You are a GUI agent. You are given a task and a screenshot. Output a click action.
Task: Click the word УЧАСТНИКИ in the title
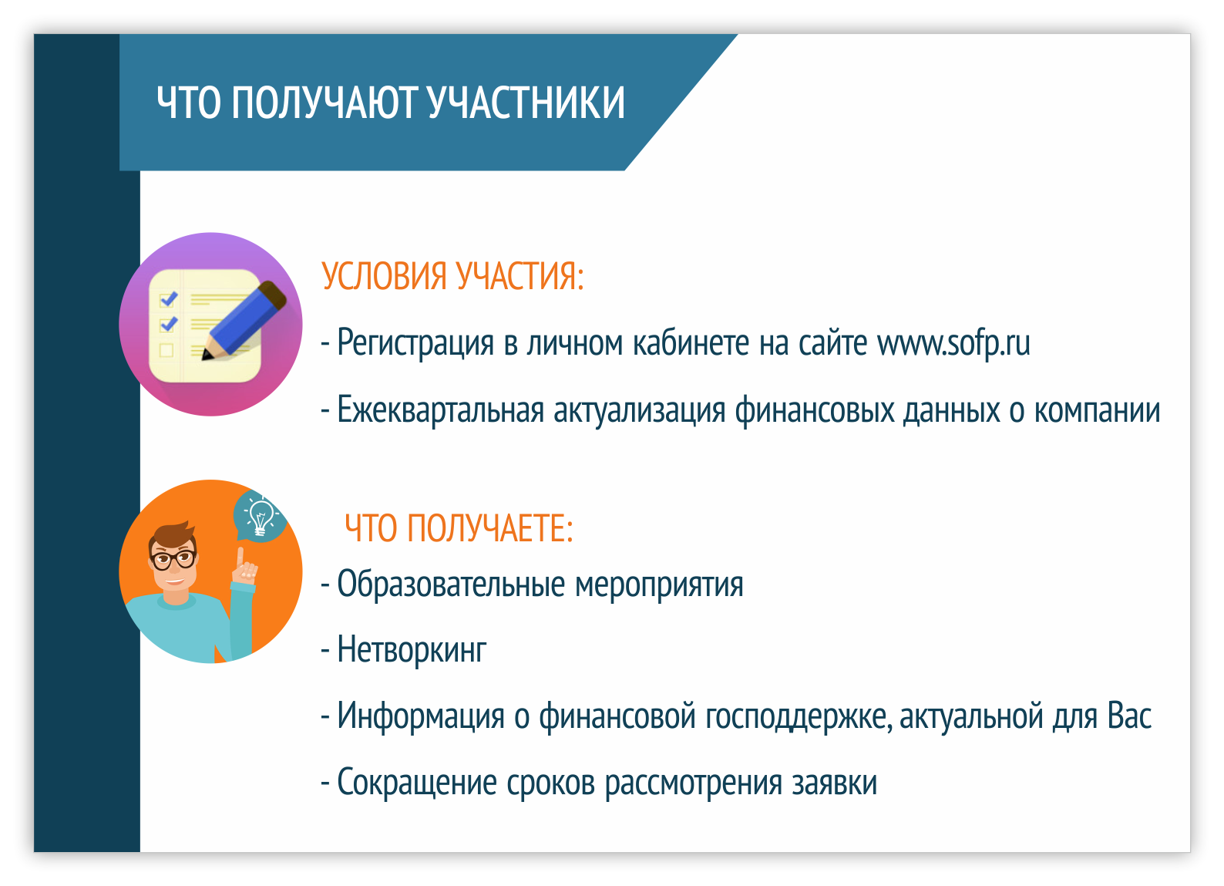(526, 103)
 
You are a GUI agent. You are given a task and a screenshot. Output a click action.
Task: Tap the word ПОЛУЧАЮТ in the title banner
(324, 103)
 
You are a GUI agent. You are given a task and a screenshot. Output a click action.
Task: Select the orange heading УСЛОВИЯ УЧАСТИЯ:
(452, 276)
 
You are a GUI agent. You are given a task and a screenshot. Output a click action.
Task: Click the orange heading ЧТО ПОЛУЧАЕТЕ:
(459, 528)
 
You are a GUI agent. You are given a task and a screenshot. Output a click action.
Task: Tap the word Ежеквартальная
(440, 410)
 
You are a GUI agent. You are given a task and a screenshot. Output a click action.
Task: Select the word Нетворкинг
(412, 650)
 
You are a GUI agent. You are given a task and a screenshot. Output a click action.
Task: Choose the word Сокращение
(417, 783)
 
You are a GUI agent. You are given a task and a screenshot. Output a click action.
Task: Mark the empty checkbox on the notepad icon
(166, 350)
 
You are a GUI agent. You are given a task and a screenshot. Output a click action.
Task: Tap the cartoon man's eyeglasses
(173, 559)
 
